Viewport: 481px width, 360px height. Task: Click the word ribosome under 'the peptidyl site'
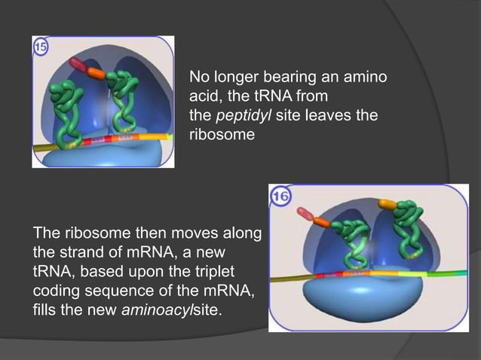pos(214,136)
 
